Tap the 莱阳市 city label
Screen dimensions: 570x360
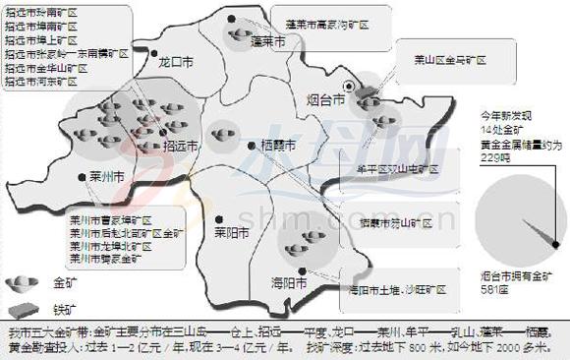232,234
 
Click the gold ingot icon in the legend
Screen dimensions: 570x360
19,283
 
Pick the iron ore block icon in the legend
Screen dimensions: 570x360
18,308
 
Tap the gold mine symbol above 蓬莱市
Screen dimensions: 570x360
242,35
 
